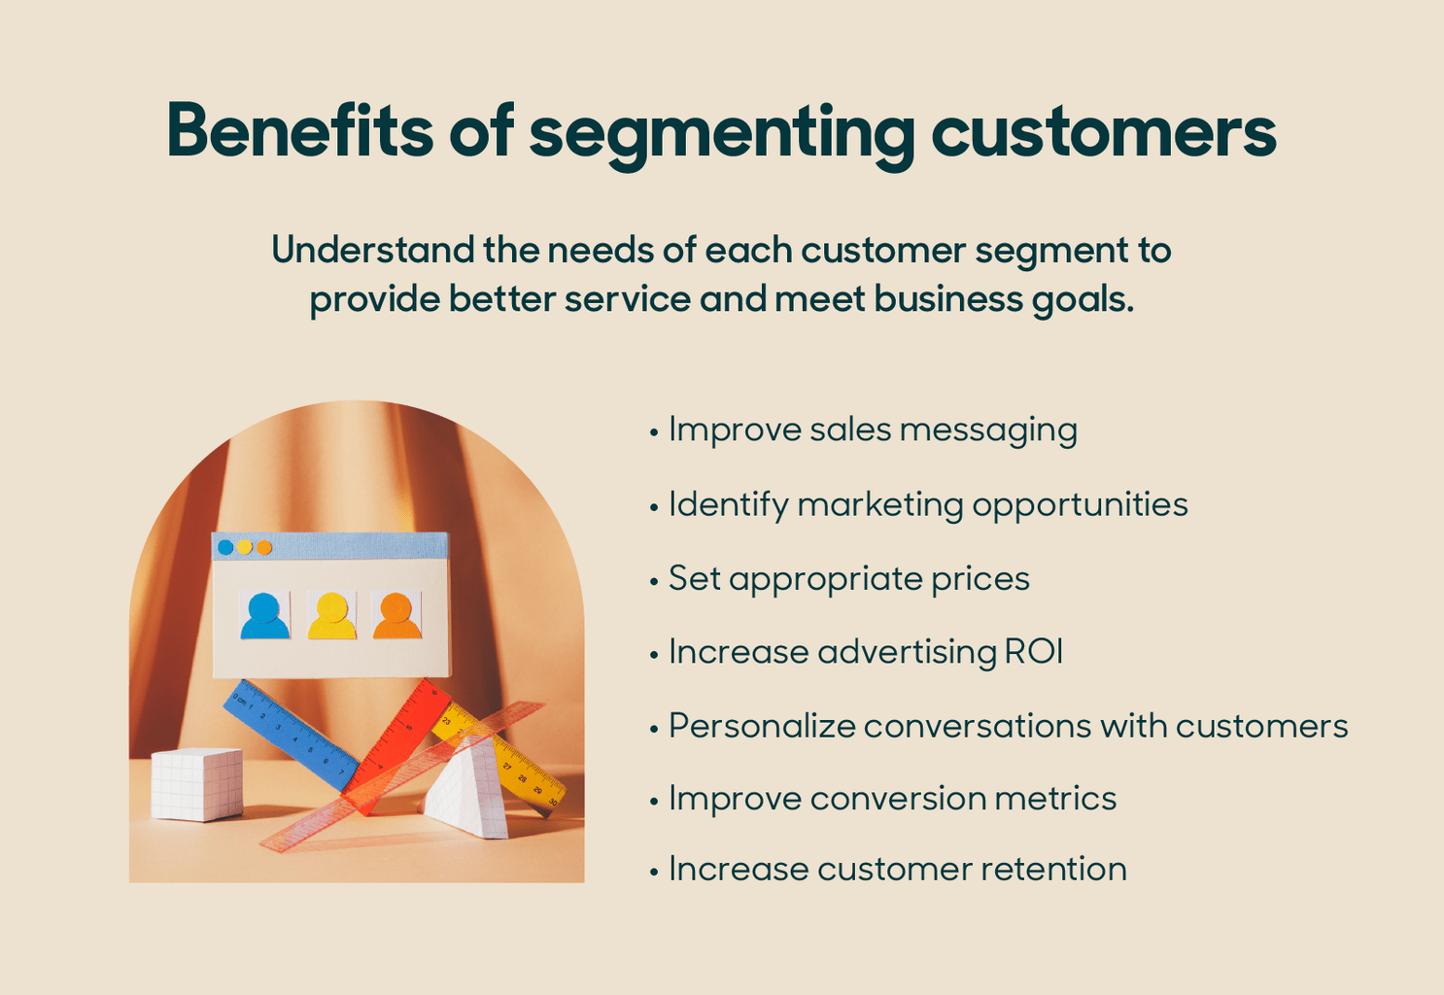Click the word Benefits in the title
click(x=299, y=131)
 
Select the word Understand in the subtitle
click(x=373, y=251)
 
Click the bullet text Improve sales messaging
click(x=873, y=429)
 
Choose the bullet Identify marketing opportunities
click(x=928, y=504)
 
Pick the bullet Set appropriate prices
click(x=848, y=578)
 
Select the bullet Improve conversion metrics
click(x=892, y=799)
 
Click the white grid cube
click(x=197, y=783)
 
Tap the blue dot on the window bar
click(x=225, y=547)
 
